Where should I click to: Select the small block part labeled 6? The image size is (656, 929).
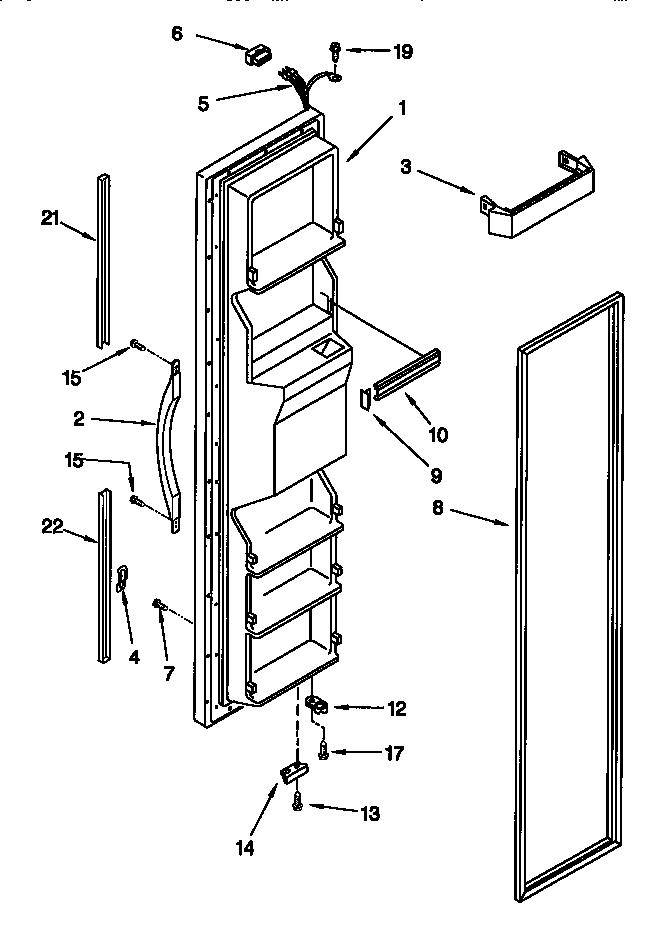tap(259, 54)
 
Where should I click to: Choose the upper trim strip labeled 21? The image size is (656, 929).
tap(103, 261)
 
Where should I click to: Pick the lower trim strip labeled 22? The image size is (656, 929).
tap(103, 574)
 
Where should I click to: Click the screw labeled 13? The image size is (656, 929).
tap(298, 801)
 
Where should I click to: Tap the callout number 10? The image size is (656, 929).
tap(439, 435)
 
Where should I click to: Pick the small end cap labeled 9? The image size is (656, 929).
tap(365, 397)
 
